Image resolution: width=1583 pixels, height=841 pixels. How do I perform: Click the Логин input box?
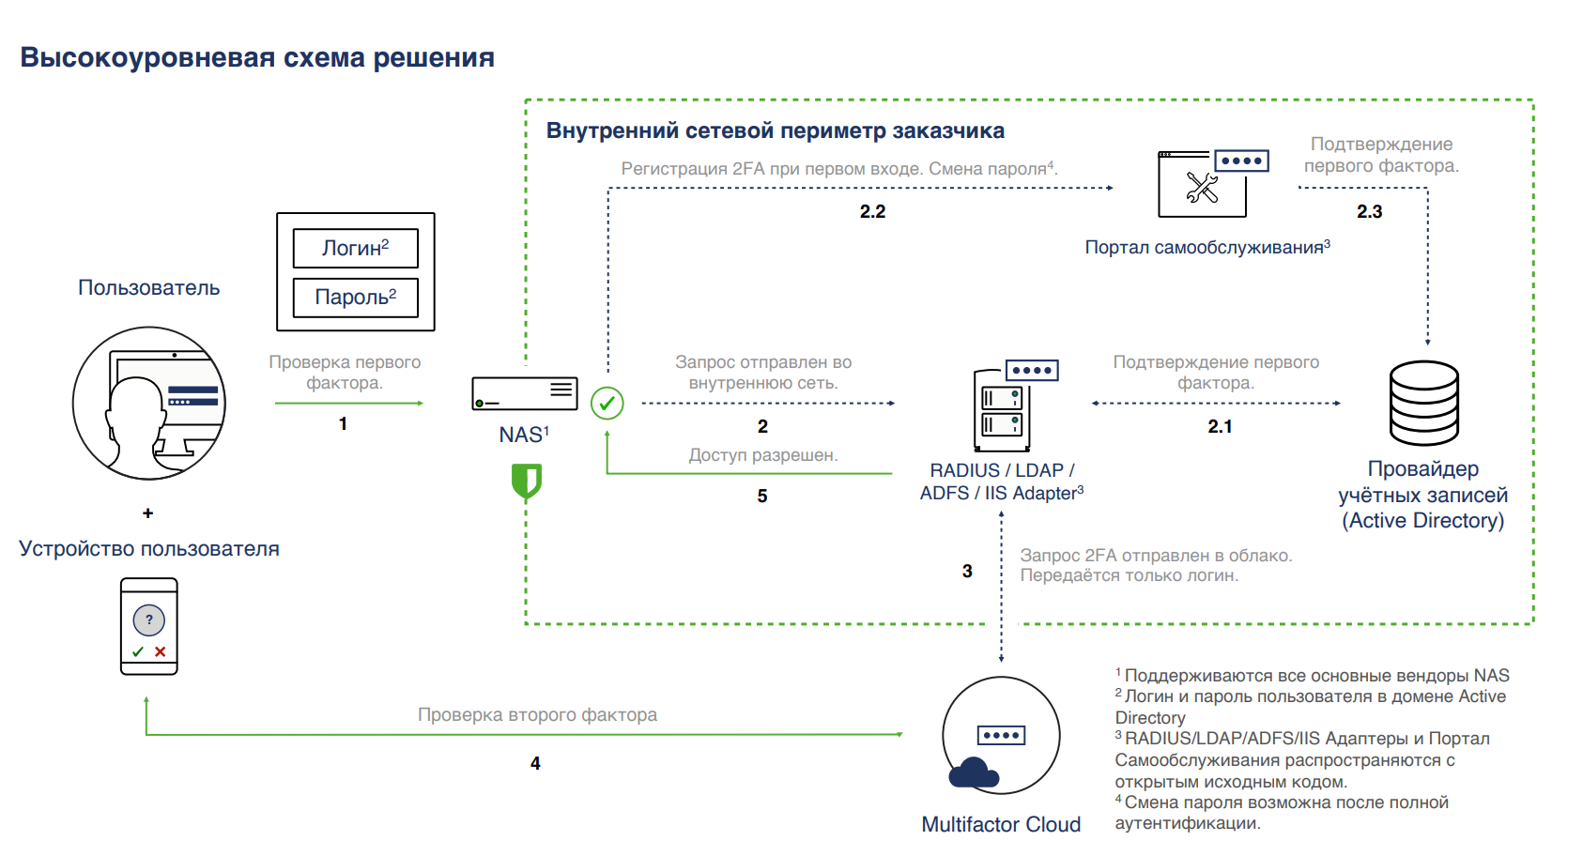click(x=355, y=248)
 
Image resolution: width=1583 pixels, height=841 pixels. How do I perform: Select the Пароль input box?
click(x=355, y=298)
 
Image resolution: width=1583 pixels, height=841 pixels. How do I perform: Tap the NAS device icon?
click(x=524, y=393)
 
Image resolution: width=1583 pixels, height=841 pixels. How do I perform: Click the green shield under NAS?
click(x=526, y=481)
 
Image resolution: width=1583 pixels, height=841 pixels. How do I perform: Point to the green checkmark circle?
click(x=607, y=404)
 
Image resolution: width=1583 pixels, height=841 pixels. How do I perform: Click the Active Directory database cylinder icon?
click(x=1423, y=404)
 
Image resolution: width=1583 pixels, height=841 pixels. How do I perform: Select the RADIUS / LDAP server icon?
click(x=1005, y=409)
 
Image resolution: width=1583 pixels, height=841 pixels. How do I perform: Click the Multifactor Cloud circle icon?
click(x=1001, y=736)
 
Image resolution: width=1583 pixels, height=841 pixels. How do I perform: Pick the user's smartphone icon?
click(x=149, y=626)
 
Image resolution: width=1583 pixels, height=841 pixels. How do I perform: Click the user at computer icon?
click(x=149, y=404)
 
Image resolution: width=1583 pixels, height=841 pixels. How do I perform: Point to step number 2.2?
click(x=872, y=212)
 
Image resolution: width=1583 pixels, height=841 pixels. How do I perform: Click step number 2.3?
click(x=1369, y=212)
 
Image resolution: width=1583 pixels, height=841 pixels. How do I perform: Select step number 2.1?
click(x=1220, y=427)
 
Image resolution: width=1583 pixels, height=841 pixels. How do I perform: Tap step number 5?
click(x=762, y=497)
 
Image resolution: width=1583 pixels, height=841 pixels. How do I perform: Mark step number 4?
click(x=535, y=764)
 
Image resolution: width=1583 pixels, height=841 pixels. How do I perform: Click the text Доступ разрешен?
click(x=762, y=455)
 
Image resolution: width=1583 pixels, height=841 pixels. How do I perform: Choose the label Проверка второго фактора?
click(x=537, y=715)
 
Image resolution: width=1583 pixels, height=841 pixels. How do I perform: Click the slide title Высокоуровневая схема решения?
click(x=257, y=58)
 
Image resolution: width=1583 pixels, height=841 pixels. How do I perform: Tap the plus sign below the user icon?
click(x=147, y=513)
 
